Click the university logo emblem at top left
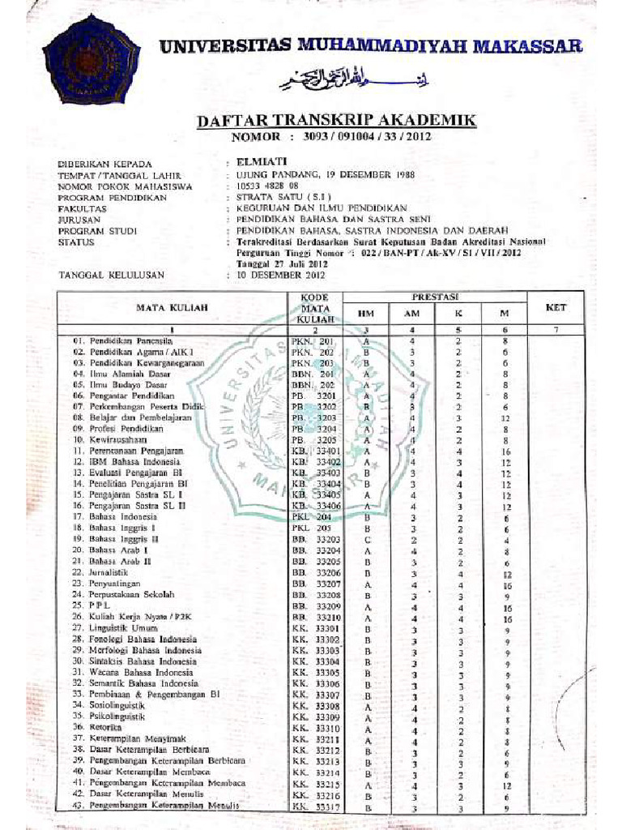coord(91,59)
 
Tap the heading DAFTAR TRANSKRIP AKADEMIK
coord(336,121)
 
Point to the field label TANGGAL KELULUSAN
coord(111,275)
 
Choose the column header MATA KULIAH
coord(172,308)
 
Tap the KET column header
coord(556,307)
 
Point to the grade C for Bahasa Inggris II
coord(367,538)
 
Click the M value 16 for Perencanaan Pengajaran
coord(505,450)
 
